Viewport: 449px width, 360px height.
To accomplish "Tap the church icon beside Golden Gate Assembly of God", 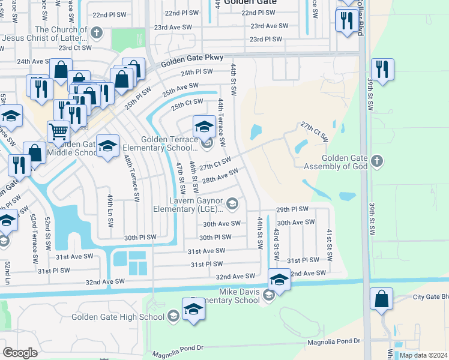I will pyautogui.click(x=376, y=161).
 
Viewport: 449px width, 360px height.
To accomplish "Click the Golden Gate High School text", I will pyautogui.click(x=118, y=317).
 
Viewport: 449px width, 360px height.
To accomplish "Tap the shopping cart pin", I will pyautogui.click(x=58, y=130).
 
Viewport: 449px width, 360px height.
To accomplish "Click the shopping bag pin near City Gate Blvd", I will pyautogui.click(x=381, y=298).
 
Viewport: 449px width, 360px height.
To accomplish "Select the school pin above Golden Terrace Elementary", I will pyautogui.click(x=204, y=125).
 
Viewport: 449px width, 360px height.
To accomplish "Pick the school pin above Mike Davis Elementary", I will pyautogui.click(x=279, y=278).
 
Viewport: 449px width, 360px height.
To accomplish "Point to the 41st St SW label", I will pyautogui.click(x=329, y=239).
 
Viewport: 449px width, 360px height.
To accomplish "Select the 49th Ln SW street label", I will pyautogui.click(x=110, y=210).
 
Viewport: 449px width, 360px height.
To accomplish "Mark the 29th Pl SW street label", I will pyautogui.click(x=292, y=209).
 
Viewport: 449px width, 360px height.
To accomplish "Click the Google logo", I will pyautogui.click(x=20, y=353).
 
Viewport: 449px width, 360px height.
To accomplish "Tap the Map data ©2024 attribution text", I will pyautogui.click(x=423, y=355).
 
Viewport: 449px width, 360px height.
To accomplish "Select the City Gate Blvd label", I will pyautogui.click(x=430, y=296).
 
